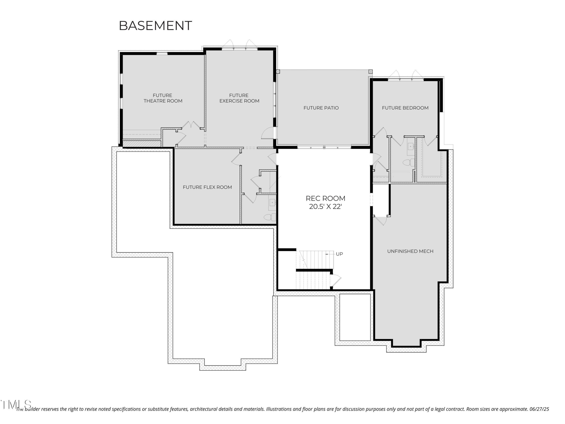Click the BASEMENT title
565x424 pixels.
(x=155, y=26)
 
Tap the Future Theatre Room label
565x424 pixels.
(x=163, y=98)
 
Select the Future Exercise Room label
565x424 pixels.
(x=239, y=98)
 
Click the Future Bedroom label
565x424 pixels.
(x=405, y=108)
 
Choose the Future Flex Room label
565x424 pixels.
(x=207, y=187)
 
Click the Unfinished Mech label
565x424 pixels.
(x=410, y=251)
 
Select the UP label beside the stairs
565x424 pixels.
(x=339, y=254)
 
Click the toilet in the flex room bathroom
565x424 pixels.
(x=270, y=217)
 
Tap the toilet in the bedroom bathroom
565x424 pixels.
(x=409, y=162)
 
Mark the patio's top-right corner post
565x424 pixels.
(x=370, y=72)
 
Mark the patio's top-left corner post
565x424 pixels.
(x=278, y=72)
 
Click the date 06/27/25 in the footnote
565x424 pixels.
(x=539, y=409)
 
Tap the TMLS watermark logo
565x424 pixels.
(x=16, y=405)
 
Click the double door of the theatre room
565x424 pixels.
(x=191, y=125)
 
